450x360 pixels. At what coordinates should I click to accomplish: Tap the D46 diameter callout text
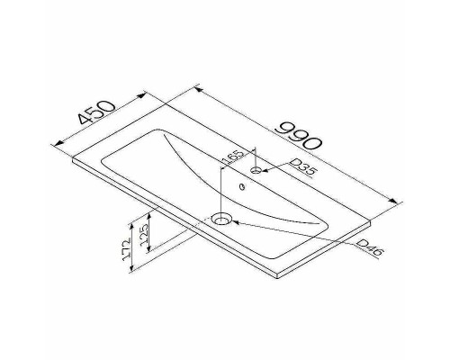pos(371,247)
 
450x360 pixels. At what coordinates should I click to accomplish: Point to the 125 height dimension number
pos(144,235)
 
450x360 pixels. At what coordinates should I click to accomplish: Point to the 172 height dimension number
pos(127,248)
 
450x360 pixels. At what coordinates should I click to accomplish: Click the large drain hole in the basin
pos(221,219)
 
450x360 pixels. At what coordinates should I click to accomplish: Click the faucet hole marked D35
pos(256,170)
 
